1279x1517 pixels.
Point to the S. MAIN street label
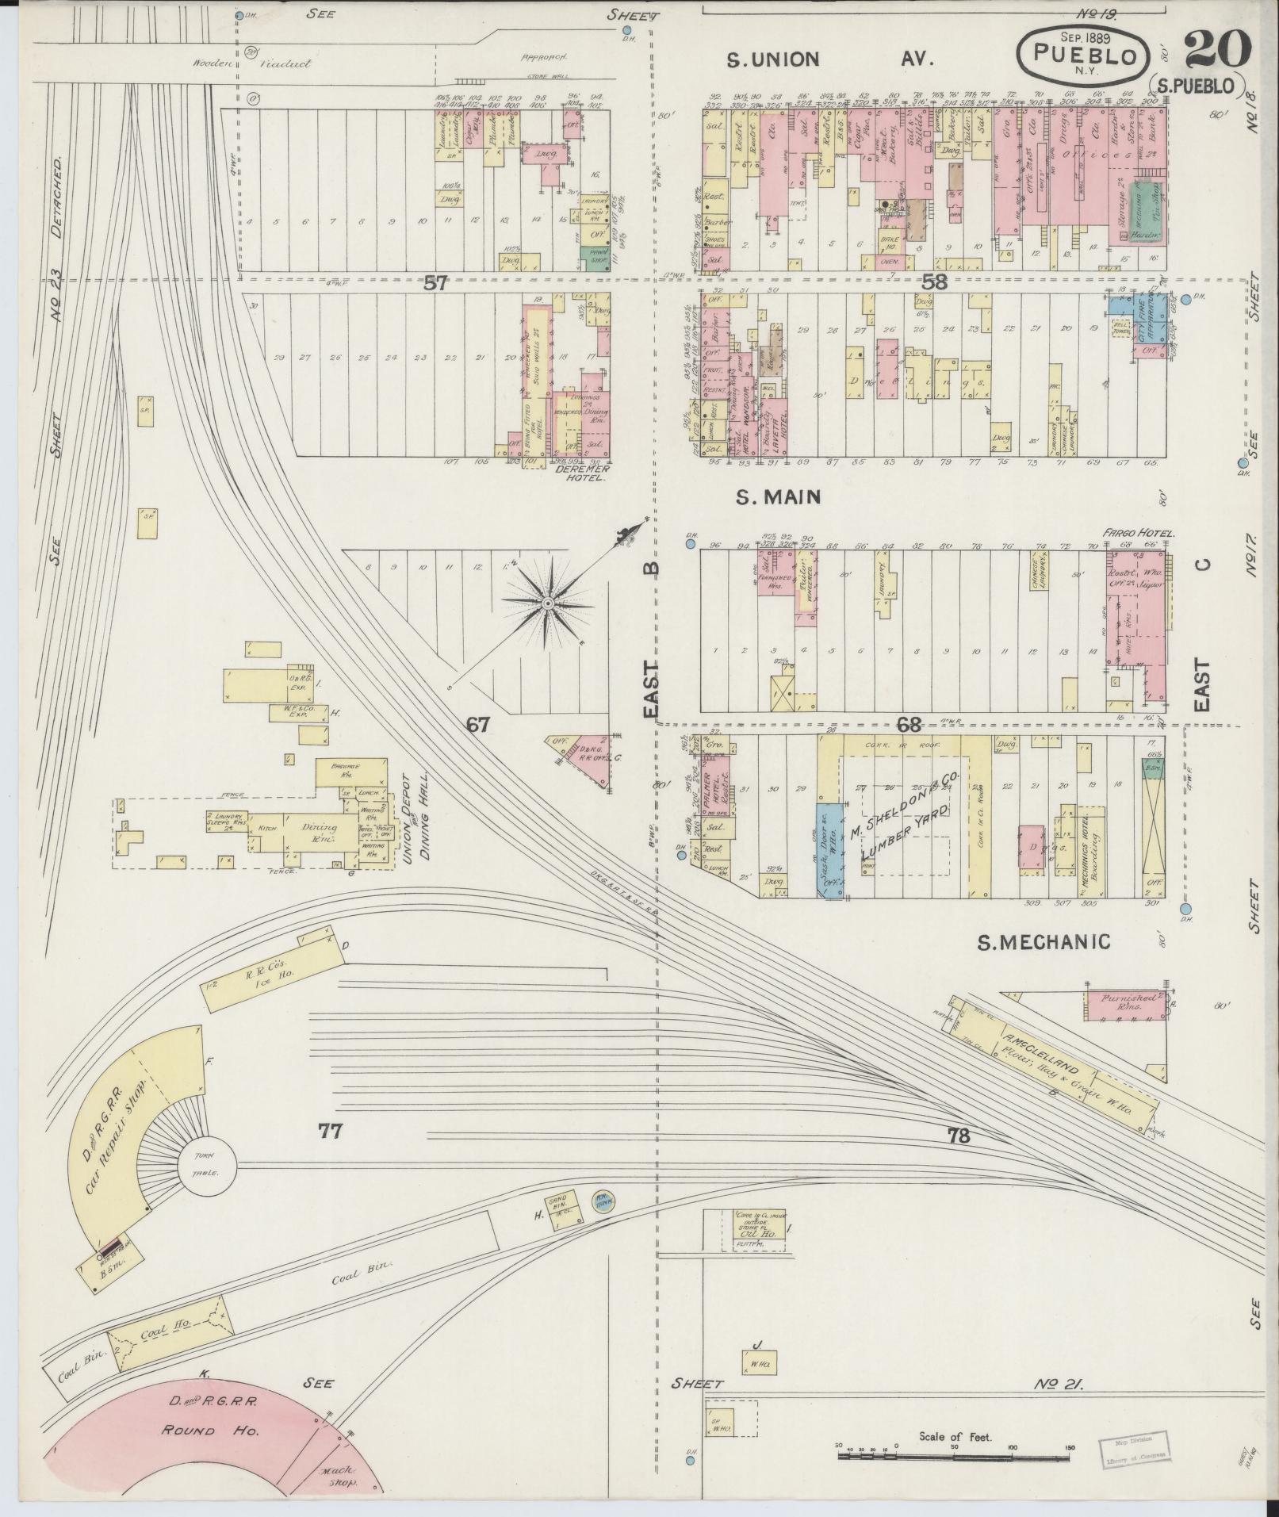point(777,497)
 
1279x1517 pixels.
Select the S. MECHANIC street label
point(1043,942)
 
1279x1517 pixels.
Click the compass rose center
point(547,604)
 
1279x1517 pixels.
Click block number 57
point(435,283)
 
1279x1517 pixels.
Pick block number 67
point(479,724)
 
